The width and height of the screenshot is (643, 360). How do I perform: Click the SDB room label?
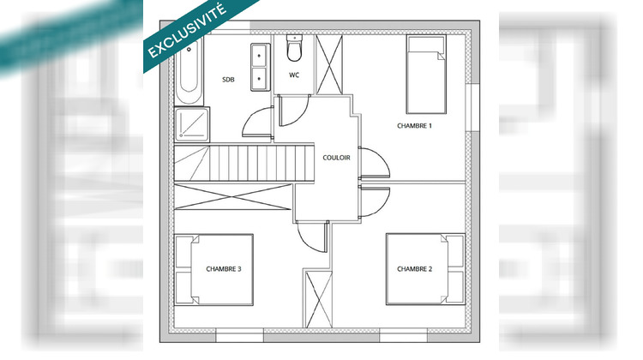pos(228,80)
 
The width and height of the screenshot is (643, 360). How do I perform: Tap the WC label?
pos(294,75)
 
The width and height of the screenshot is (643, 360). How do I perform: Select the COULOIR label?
pos(336,158)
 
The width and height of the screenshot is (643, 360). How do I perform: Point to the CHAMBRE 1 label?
pos(415,126)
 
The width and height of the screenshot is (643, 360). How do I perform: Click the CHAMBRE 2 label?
pos(415,269)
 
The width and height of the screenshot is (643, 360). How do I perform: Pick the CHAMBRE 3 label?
pos(224,269)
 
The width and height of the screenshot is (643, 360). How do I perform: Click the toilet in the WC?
pos(294,50)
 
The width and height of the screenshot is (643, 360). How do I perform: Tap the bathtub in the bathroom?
pos(186,71)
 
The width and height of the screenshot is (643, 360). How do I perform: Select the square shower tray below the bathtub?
pos(187,125)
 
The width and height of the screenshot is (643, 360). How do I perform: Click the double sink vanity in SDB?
pos(258,65)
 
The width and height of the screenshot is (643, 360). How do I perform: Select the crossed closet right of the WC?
pos(329,63)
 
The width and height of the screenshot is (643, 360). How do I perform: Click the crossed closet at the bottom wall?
pos(317,298)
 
